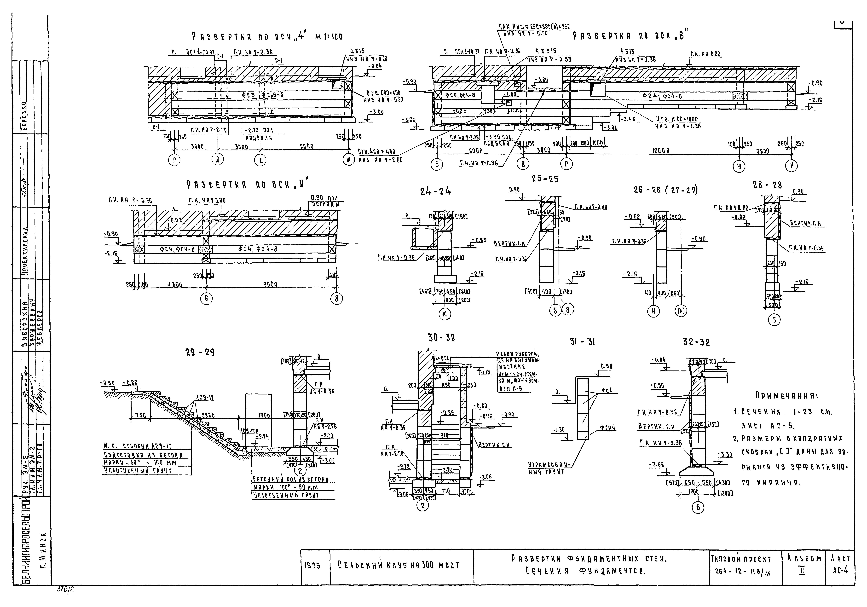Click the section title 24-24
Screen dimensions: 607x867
pos(435,191)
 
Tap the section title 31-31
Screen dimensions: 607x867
pos(582,342)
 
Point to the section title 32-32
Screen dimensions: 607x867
pos(696,342)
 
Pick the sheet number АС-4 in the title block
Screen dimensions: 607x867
pos(841,570)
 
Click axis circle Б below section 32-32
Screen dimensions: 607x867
pos(698,507)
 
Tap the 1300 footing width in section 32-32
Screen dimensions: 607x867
pos(693,492)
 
